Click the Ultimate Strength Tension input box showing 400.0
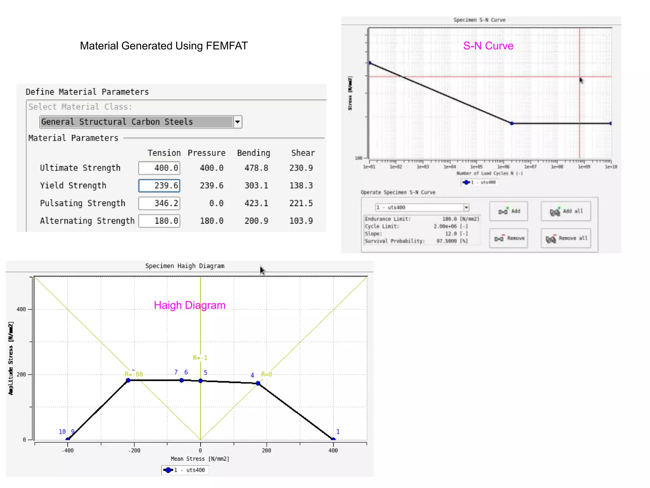159,168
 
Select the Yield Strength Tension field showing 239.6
159,186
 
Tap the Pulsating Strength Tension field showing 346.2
159,203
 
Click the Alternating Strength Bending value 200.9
256,221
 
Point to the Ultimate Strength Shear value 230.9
301,168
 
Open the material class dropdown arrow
237,122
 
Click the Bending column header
254,153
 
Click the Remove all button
566,238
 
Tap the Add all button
566,211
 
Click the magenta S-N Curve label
488,46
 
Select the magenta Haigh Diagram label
189,305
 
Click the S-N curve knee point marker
512,123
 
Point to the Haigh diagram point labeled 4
258,383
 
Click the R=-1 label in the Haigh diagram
200,358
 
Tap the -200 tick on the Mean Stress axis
134,451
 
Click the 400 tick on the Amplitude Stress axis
21,309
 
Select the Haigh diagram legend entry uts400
185,470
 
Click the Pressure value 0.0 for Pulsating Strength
216,203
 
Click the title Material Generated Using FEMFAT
164,46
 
